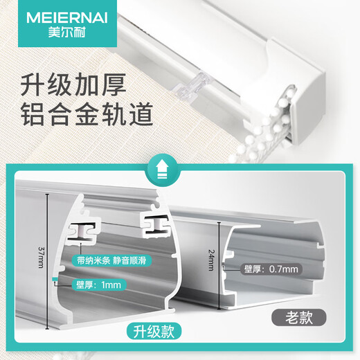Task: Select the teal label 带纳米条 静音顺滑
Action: [111, 263]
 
